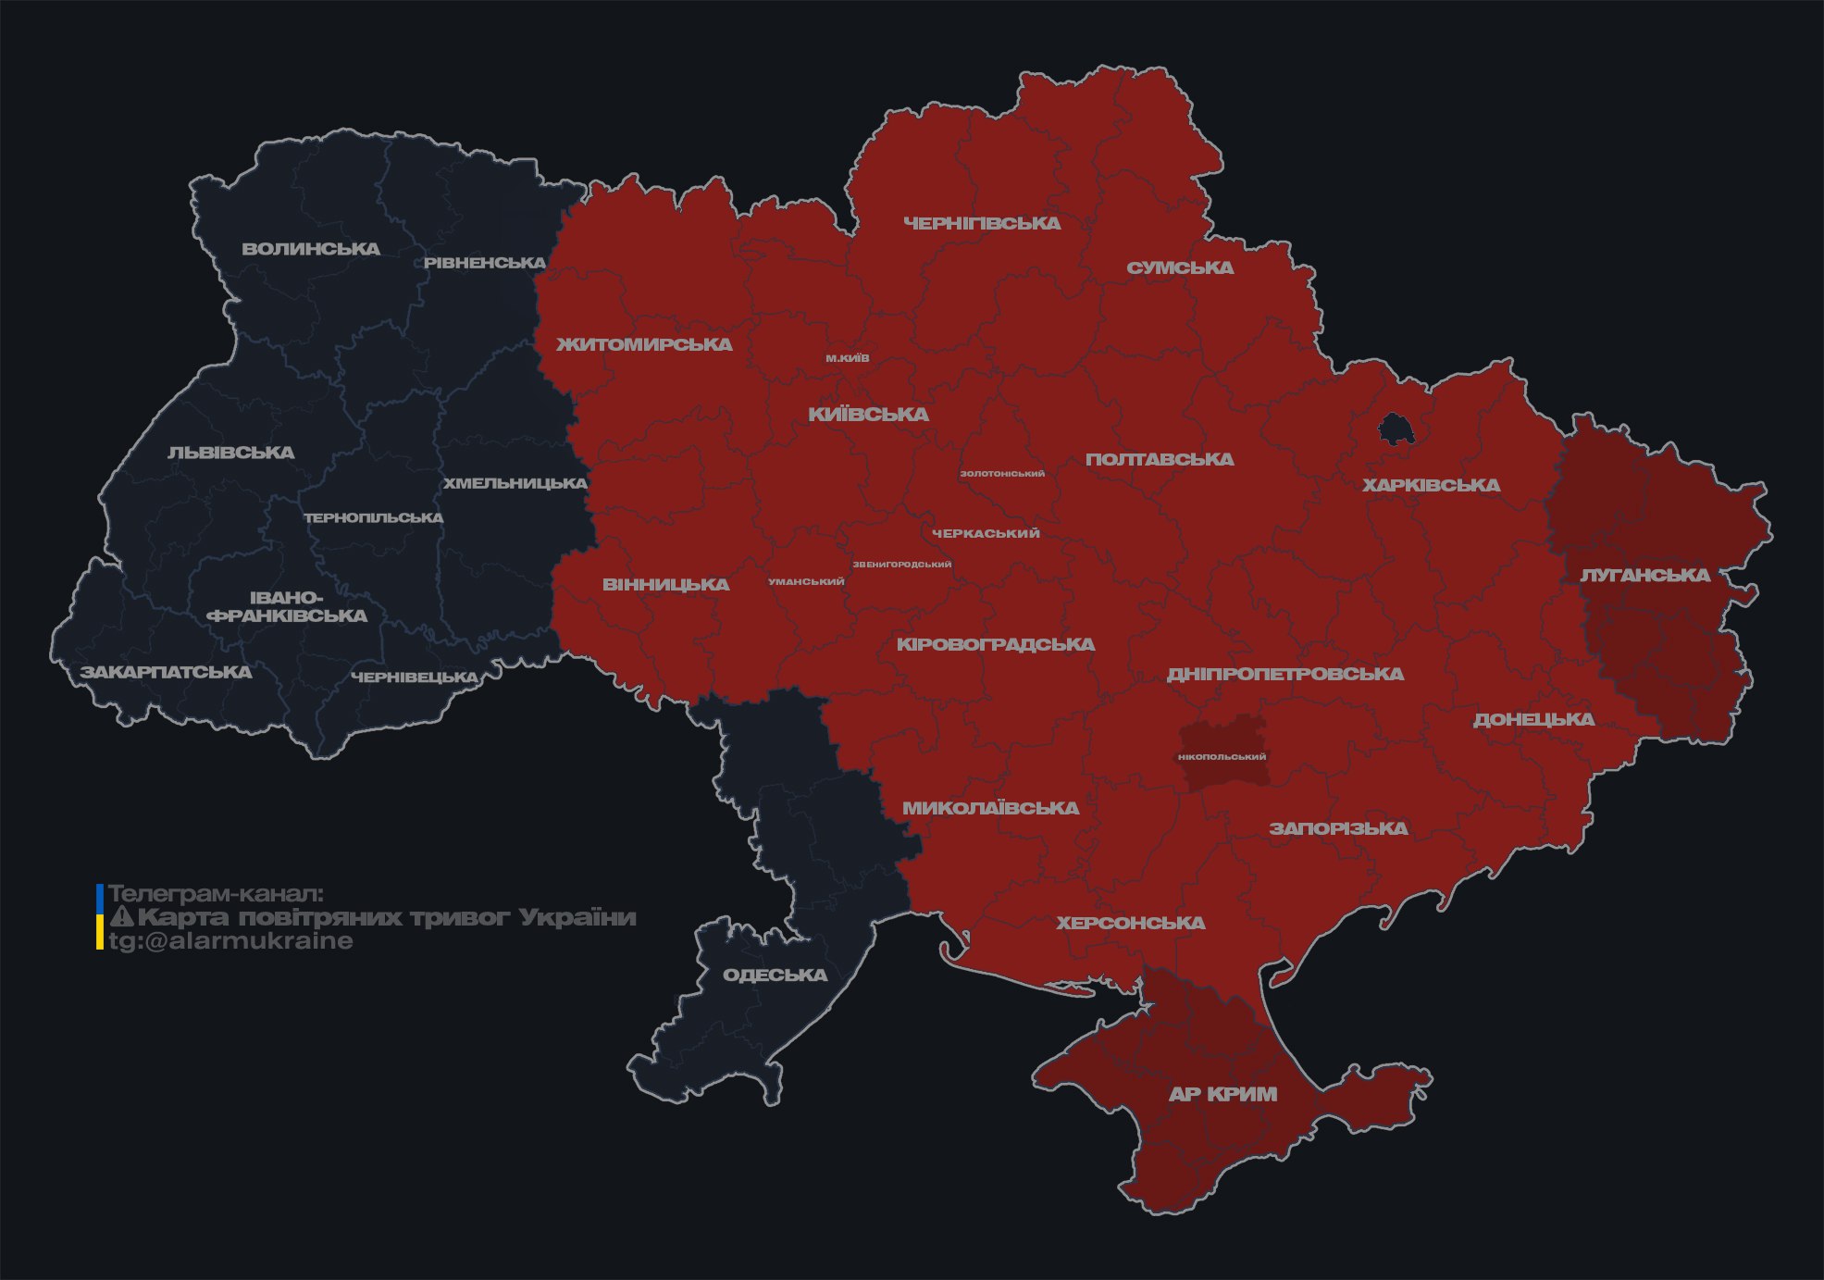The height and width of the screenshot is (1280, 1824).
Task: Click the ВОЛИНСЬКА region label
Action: click(311, 249)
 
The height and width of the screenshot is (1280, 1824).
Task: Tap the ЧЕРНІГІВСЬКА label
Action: click(982, 223)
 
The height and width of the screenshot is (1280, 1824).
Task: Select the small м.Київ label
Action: click(848, 358)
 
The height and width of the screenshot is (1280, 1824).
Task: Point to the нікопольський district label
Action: click(1222, 757)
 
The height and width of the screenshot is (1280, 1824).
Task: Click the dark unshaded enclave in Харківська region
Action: click(1395, 429)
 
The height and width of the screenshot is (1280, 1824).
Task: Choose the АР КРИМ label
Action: click(1222, 1094)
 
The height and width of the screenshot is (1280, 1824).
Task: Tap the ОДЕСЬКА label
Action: click(775, 975)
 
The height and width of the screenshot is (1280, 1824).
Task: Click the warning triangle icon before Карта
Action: click(121, 917)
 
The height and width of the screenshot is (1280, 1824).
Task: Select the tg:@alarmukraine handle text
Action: click(230, 941)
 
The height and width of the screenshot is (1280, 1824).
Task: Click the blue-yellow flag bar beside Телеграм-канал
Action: click(100, 916)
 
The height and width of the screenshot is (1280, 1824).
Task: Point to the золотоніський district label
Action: click(1002, 474)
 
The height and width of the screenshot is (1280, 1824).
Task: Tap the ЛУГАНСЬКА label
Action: click(1644, 575)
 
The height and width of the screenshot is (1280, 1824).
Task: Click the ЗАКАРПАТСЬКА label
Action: click(166, 672)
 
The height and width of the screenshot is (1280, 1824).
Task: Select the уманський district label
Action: click(806, 582)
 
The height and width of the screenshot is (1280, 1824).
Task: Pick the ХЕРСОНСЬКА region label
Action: click(1131, 923)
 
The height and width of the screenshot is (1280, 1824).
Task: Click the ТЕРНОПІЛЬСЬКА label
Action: click(374, 517)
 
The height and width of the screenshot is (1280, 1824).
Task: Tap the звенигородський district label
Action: click(901, 565)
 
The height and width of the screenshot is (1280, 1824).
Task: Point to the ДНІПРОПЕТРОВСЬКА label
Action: click(1284, 674)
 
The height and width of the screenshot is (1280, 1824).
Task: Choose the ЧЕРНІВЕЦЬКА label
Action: click(415, 677)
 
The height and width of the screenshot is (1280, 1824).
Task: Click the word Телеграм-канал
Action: click(216, 894)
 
